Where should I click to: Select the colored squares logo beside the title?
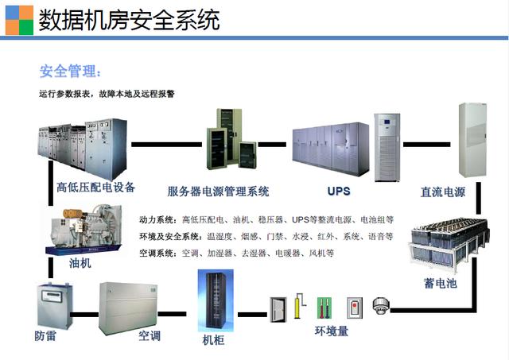coord(18,19)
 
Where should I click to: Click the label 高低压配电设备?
coord(95,188)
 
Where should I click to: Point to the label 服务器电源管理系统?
coord(218,191)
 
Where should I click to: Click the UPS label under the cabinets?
coord(339,191)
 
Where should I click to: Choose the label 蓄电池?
coord(440,282)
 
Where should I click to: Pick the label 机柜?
coord(215,340)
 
